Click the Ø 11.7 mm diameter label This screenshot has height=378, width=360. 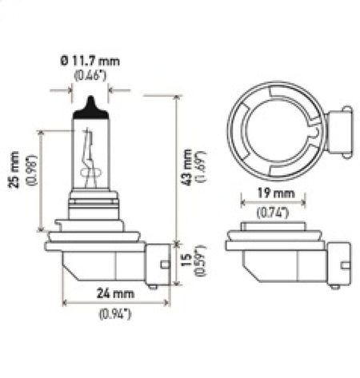(87, 60)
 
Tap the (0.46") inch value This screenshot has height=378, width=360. (88, 75)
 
